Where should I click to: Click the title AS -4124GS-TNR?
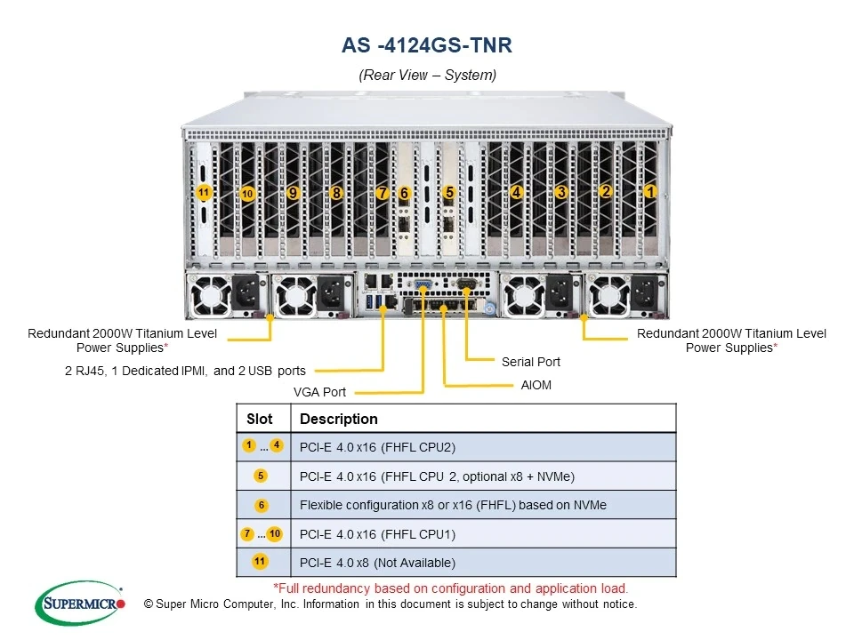tap(427, 44)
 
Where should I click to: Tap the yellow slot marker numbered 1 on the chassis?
tap(649, 191)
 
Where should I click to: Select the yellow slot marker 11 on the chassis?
tap(204, 192)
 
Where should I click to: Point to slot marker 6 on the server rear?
tap(404, 193)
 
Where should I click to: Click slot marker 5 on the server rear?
tap(449, 192)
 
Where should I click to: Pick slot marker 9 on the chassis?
tap(293, 192)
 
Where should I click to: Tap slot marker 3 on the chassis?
tap(560, 192)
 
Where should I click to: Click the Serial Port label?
tap(531, 362)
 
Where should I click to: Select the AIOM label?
tap(536, 386)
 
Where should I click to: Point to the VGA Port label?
tap(319, 392)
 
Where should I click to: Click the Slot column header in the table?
tap(260, 419)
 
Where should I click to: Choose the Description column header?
tap(339, 419)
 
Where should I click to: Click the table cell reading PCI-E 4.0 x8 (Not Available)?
tap(377, 563)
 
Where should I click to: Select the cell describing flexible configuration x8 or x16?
tap(453, 505)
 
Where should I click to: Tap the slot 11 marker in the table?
tap(260, 562)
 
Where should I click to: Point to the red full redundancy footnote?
tap(450, 588)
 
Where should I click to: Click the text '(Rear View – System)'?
tap(427, 75)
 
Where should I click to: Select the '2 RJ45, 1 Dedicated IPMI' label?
tap(185, 371)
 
